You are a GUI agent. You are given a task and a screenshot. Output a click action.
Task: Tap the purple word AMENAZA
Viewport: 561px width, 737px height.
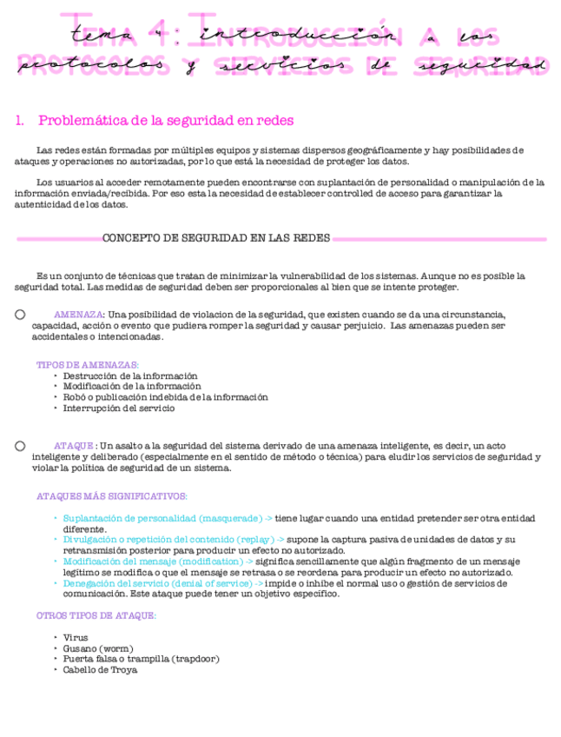tap(79, 315)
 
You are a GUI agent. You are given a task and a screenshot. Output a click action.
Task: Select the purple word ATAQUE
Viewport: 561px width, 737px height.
tap(74, 446)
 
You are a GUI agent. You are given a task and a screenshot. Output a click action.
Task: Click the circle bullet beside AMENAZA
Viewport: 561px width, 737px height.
tap(20, 315)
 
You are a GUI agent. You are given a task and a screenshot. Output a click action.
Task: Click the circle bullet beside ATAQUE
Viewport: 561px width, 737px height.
tap(20, 446)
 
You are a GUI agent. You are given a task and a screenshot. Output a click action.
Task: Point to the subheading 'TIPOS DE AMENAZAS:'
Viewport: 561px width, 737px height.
tap(88, 365)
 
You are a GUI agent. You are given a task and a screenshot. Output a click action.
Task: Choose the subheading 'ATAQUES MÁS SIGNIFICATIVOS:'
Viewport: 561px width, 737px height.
tap(112, 496)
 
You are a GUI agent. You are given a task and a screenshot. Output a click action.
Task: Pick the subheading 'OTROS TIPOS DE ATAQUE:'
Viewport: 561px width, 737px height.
tap(96, 615)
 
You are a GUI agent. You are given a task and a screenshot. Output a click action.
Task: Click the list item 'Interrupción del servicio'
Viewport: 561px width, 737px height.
tap(119, 408)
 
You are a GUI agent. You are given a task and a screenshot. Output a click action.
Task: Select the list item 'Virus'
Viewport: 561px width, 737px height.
tap(76, 638)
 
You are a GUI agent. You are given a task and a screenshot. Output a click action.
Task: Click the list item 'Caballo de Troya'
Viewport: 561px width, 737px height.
tap(100, 669)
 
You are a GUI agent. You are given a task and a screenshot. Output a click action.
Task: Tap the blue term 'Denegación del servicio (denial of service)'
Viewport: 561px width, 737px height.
tap(162, 583)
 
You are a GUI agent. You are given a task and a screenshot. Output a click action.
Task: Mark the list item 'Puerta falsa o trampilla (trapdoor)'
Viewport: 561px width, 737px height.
tap(141, 659)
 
